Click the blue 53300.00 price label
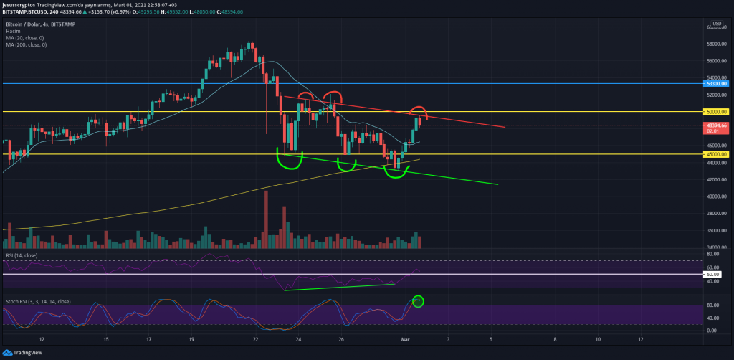[x=717, y=84]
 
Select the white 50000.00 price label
[x=717, y=112]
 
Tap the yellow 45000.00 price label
[x=717, y=154]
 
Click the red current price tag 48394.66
[x=717, y=125]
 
